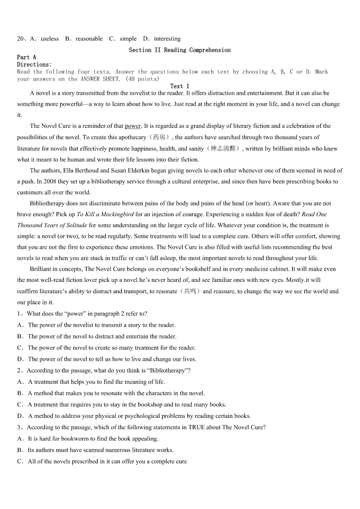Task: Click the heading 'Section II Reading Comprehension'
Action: tap(180, 50)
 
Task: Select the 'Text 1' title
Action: tap(180, 86)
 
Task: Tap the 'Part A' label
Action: tap(26, 57)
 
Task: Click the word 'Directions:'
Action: tap(34, 64)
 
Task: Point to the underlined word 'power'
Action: tap(133, 126)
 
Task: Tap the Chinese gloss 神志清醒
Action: tap(224, 149)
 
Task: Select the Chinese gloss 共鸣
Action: tap(190, 291)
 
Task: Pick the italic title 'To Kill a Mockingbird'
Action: tap(105, 214)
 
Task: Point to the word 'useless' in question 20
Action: tap(49, 39)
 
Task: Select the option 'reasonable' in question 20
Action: tap(89, 39)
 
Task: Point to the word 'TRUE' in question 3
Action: tap(197, 427)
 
